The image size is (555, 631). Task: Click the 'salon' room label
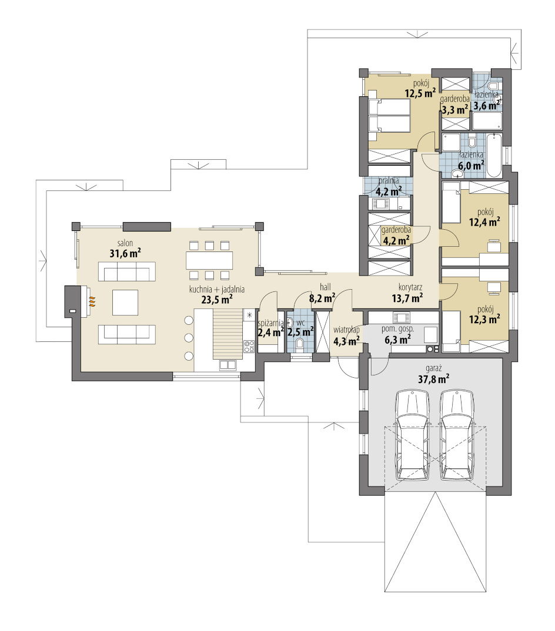[x=125, y=243]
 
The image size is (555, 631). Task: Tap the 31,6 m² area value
[x=125, y=253]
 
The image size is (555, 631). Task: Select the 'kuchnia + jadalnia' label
[x=217, y=289]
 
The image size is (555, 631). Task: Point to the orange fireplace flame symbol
[x=92, y=302]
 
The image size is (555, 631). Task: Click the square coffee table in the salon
[x=125, y=303]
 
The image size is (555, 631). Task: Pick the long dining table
[x=209, y=260]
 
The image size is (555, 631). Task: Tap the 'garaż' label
[x=433, y=368]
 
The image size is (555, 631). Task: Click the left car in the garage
[x=412, y=435]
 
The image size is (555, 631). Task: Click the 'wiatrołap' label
[x=346, y=330]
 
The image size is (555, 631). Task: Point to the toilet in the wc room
[x=299, y=343]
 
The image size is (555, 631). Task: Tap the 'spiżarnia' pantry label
[x=270, y=323]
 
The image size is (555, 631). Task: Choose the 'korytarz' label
[x=410, y=287]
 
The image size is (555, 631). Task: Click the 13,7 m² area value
[x=407, y=298]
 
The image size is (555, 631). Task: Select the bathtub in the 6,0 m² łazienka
[x=493, y=156]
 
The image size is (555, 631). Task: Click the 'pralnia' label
[x=388, y=181]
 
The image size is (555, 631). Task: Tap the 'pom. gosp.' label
[x=397, y=329]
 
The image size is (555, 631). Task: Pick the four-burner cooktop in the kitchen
[x=249, y=345]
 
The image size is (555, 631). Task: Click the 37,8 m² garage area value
[x=433, y=379]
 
